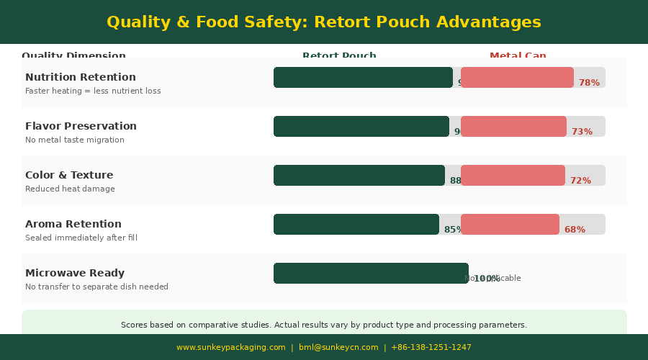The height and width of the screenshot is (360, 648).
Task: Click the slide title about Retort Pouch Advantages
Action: [x=324, y=22]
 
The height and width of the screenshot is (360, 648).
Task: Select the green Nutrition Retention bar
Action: [x=363, y=77]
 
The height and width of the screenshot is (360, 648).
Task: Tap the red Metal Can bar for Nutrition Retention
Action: [x=517, y=77]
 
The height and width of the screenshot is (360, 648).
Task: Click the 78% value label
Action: [x=589, y=83]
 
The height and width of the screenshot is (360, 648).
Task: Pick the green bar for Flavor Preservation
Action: [x=361, y=126]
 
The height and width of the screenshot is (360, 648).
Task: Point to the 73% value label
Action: [x=582, y=132]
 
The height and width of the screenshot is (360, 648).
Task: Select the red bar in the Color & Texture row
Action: [x=513, y=175]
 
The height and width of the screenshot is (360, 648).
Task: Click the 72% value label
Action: [x=580, y=181]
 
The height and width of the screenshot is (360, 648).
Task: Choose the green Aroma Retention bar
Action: [x=356, y=224]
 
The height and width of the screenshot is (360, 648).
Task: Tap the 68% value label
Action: [x=575, y=230]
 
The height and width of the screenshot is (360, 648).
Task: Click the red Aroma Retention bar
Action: [x=510, y=224]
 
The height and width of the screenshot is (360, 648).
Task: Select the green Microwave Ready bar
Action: [x=371, y=273]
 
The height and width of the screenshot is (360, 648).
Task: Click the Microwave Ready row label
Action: [x=75, y=273]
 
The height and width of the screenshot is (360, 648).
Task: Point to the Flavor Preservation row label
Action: [x=81, y=126]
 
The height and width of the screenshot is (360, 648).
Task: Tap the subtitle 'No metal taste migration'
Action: [x=75, y=140]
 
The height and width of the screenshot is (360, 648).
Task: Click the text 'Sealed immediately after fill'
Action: [x=81, y=238]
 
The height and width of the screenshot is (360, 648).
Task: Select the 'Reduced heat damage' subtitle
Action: [x=70, y=189]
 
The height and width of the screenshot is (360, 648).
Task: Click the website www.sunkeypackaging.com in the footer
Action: [x=231, y=347]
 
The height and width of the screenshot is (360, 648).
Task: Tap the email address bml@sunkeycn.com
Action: [x=338, y=347]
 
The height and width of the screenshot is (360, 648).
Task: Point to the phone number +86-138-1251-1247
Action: [x=431, y=347]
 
